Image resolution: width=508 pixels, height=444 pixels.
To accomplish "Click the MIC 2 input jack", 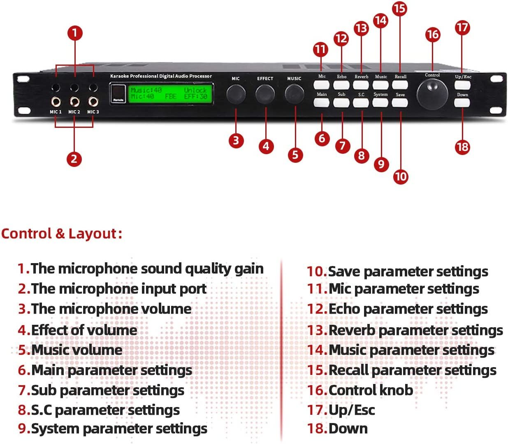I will click(x=74, y=102).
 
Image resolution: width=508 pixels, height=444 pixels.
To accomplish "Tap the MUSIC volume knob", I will click(x=295, y=94).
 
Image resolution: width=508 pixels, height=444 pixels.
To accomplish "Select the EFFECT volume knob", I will click(x=265, y=94).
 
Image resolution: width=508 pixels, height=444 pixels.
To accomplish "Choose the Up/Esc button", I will click(x=462, y=85).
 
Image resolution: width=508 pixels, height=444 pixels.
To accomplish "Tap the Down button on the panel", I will click(x=462, y=102).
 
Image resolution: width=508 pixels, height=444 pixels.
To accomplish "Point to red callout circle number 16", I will click(x=432, y=35).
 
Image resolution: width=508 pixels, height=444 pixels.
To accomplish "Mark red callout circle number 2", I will click(x=74, y=159).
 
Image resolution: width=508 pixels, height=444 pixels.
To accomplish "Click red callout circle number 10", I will click(x=400, y=177).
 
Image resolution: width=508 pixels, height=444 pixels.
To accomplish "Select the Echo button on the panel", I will click(x=341, y=85).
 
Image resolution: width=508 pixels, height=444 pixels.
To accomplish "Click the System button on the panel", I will click(x=380, y=102).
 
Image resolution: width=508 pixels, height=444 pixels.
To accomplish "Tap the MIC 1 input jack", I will click(x=56, y=102).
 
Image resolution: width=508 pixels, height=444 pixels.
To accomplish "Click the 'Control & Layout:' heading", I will click(x=62, y=234).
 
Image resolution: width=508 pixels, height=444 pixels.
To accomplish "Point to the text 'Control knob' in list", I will click(x=371, y=390).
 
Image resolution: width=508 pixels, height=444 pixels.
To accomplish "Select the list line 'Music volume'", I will click(x=77, y=350).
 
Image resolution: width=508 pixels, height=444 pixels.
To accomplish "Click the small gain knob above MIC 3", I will click(x=93, y=88).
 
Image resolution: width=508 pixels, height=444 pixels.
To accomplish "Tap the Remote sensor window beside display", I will click(x=117, y=93).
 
